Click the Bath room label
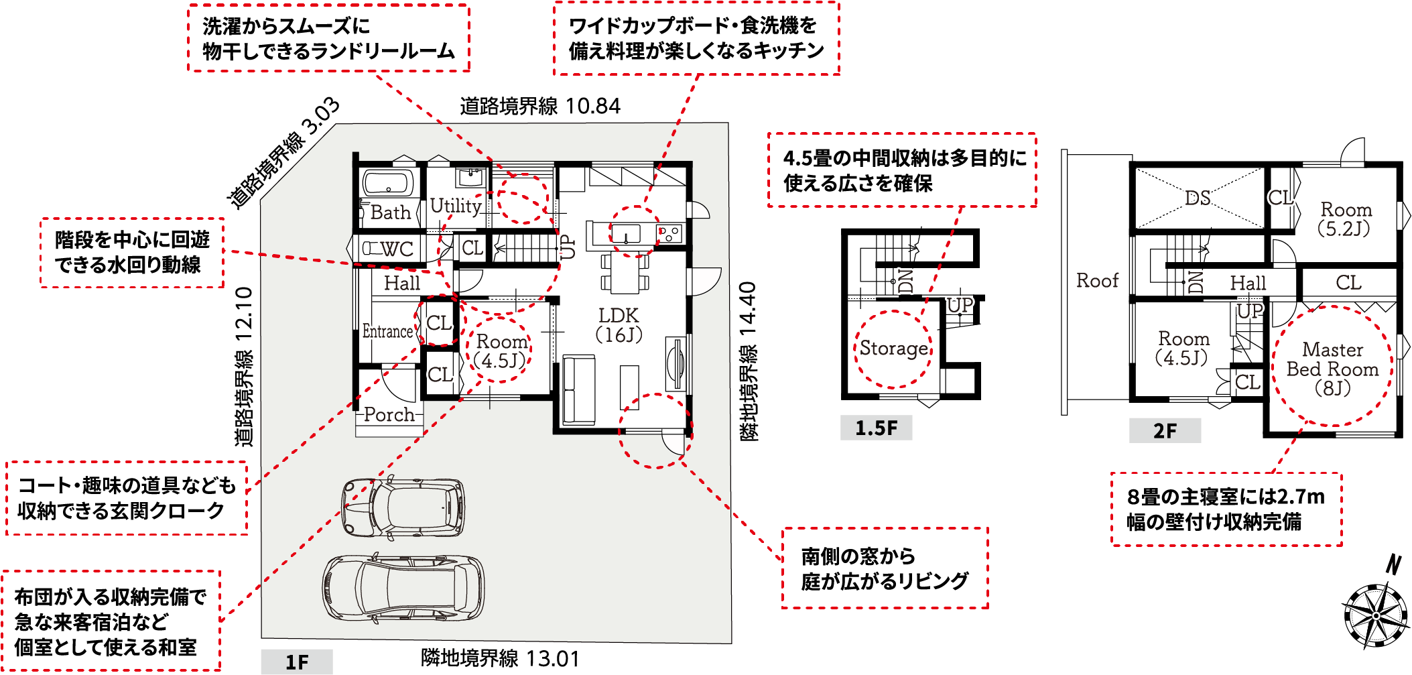tap(390, 212)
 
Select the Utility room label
tap(456, 206)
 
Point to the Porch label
tap(389, 414)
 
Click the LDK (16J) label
tap(619, 325)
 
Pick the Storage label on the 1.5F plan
tap(894, 349)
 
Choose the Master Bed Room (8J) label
tap(1332, 369)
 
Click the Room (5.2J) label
tap(1346, 219)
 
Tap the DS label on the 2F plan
tap(1198, 198)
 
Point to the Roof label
tap(1098, 280)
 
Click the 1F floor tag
tap(297, 662)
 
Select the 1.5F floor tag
tap(876, 428)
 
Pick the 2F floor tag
tap(1165, 430)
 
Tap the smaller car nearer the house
tap(403, 507)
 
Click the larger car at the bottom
tap(403, 587)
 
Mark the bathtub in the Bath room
tap(388, 182)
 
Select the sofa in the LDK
tap(579, 390)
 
